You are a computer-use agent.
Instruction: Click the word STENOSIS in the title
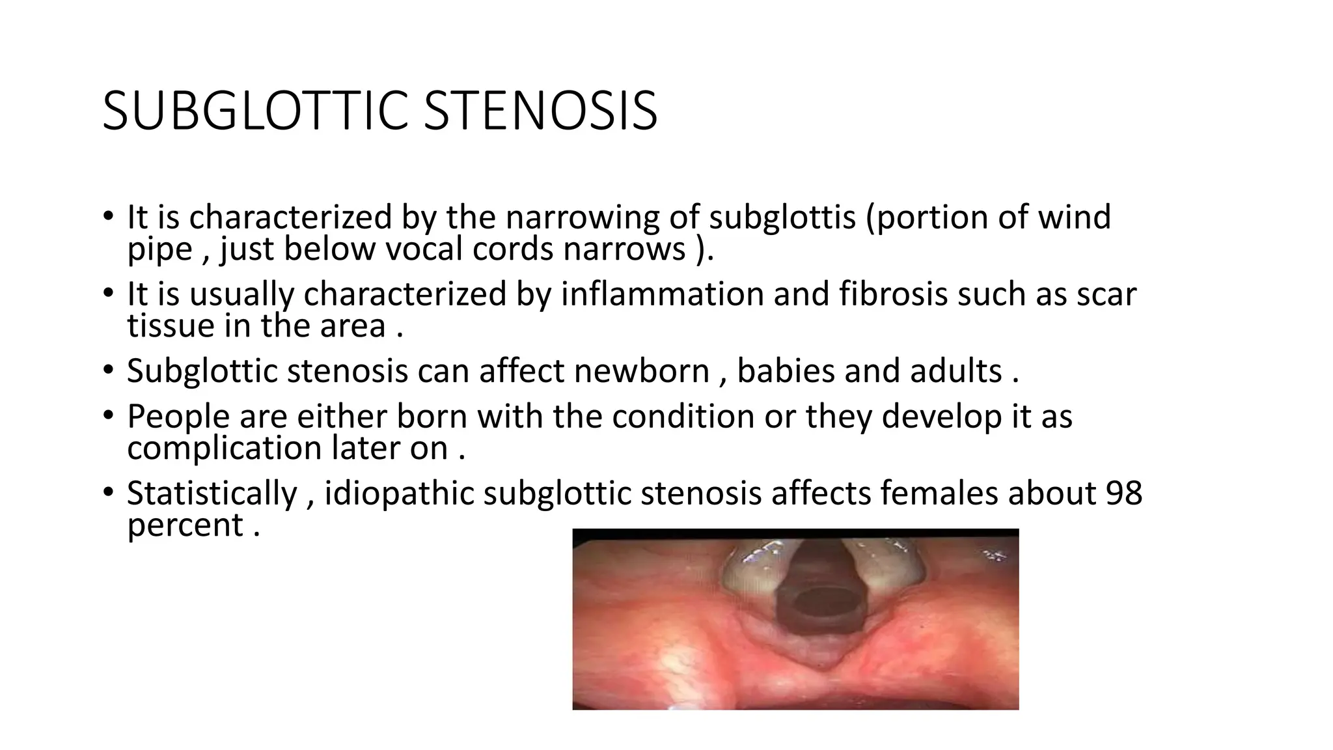[540, 112]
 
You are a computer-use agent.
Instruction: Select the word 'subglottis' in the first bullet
[782, 217]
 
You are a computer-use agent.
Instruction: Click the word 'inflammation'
[662, 294]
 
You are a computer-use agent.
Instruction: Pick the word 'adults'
[955, 371]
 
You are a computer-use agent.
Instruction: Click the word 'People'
[178, 417]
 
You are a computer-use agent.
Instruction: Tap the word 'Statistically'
[212, 493]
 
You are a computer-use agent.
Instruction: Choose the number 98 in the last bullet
[1123, 493]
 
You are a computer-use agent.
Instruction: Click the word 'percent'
[185, 525]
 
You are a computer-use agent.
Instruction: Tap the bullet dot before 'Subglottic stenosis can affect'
[108, 370]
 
